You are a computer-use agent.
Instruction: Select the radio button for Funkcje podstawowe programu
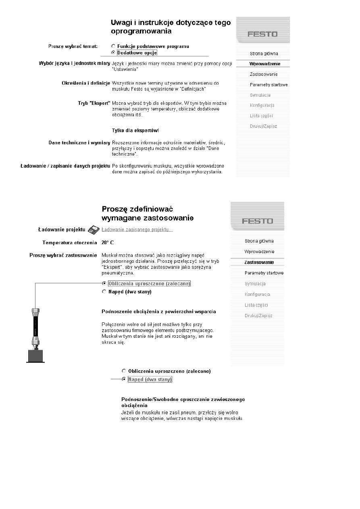[x=113, y=46]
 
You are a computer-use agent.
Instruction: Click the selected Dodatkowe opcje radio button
[x=113, y=52]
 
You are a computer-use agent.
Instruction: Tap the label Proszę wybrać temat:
[x=73, y=46]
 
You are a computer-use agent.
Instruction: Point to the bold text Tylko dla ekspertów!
[x=135, y=131]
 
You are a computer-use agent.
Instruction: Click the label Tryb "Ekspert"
[x=94, y=104]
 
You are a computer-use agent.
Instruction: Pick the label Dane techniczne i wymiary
[x=79, y=143]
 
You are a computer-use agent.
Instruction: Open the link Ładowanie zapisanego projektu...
[x=137, y=230]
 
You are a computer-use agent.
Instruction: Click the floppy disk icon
[x=94, y=230]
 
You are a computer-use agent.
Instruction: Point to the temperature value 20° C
[x=108, y=243]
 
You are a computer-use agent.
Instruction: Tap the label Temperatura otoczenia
[x=70, y=243]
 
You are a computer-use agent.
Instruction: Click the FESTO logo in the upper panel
[x=262, y=34]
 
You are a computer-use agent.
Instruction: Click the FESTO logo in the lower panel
[x=257, y=221]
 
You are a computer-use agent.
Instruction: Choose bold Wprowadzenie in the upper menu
[x=264, y=64]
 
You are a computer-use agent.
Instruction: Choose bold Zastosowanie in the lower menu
[x=259, y=262]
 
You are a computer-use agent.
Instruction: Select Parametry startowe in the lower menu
[x=264, y=273]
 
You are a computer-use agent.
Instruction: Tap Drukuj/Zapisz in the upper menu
[x=263, y=126]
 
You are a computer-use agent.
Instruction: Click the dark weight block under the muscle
[x=35, y=356]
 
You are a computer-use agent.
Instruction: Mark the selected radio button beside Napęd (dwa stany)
[x=124, y=379]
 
